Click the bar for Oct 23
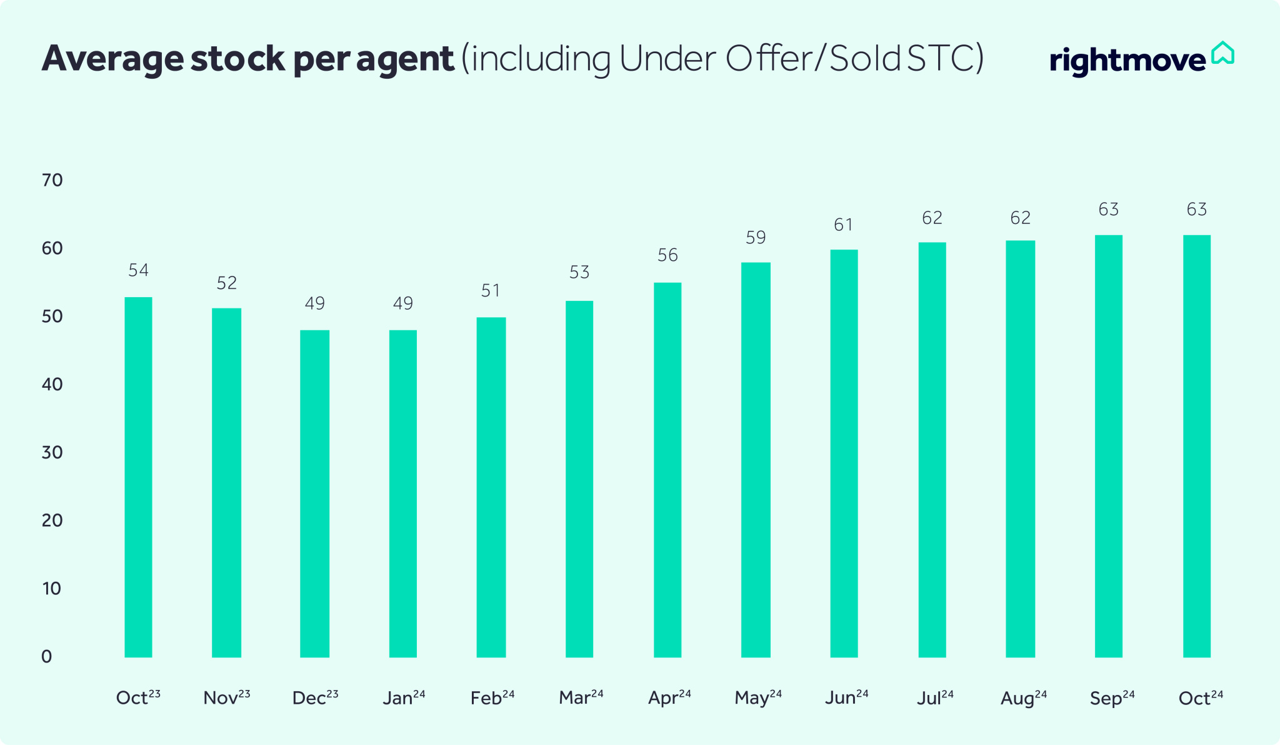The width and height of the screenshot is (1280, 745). (x=138, y=477)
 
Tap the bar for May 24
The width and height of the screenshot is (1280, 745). (x=756, y=459)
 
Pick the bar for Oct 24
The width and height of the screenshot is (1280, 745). (x=1196, y=445)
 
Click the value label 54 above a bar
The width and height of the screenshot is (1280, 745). (x=138, y=270)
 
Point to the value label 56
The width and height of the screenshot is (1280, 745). (x=667, y=255)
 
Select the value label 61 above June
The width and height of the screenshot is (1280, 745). (x=844, y=225)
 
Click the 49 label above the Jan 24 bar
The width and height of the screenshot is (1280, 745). (x=403, y=303)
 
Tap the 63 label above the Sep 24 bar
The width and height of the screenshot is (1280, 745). (x=1108, y=210)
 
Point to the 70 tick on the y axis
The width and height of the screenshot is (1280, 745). (x=52, y=181)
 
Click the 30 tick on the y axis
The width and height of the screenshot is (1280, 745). (x=52, y=453)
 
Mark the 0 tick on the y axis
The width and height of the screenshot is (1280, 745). (x=47, y=657)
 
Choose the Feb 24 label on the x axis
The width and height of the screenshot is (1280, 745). (x=492, y=697)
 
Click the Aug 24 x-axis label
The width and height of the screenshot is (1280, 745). (x=1023, y=697)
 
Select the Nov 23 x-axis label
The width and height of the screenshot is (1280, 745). (x=226, y=697)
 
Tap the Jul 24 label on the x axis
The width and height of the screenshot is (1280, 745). (x=935, y=697)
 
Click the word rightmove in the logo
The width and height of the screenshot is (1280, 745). (x=1127, y=61)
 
